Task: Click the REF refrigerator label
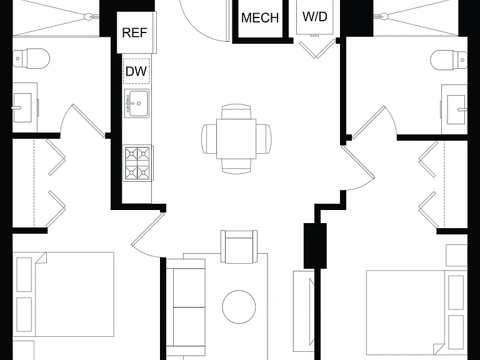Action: click(135, 32)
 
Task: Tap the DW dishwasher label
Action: click(136, 71)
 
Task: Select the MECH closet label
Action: click(260, 17)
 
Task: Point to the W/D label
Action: click(315, 16)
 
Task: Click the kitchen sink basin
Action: click(139, 104)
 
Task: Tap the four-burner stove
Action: click(137, 163)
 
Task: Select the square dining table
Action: click(236, 139)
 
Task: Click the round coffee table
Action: click(239, 307)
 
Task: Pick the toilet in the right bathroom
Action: click(449, 60)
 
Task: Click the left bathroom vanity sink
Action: click(22, 107)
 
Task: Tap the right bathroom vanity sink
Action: click(457, 109)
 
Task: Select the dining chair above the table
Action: click(236, 111)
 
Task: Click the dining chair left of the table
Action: click(209, 139)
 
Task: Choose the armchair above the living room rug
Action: click(239, 246)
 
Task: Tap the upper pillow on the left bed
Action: click(24, 274)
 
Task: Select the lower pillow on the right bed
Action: click(456, 332)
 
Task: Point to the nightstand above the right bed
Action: click(457, 255)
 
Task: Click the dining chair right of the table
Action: click(264, 139)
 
